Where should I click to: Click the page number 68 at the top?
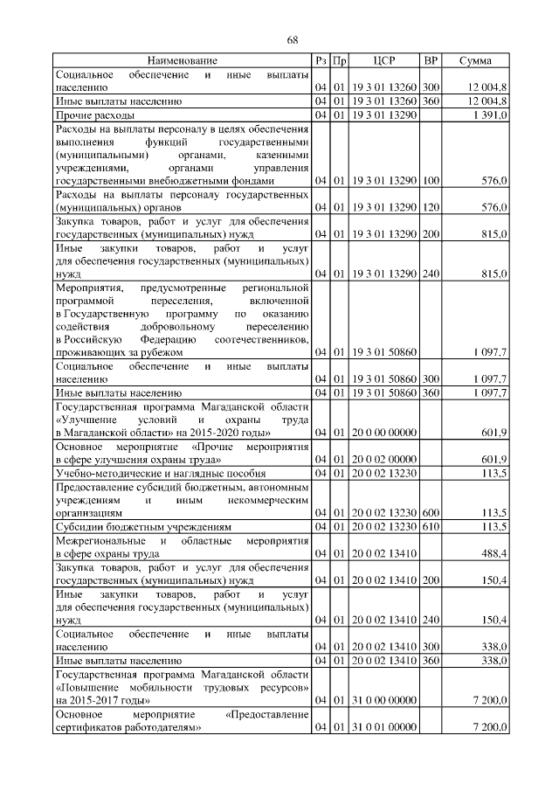[293, 40]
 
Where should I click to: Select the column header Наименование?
[183, 60]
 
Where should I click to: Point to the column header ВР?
[430, 60]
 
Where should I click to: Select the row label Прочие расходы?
[94, 115]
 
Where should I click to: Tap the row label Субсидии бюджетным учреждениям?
[143, 528]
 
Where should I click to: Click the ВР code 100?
[431, 181]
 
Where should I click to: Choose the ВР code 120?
[431, 207]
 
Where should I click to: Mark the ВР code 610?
[431, 528]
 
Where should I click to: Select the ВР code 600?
[431, 513]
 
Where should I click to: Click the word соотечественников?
[266, 338]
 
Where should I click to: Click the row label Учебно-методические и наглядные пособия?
[148, 474]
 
